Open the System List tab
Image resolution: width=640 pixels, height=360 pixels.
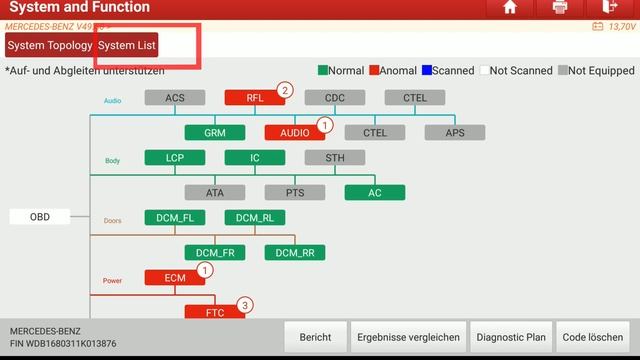pyautogui.click(x=127, y=46)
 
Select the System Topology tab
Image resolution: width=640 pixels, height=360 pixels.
pyautogui.click(x=50, y=46)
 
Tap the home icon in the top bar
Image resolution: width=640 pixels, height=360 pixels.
pyautogui.click(x=510, y=8)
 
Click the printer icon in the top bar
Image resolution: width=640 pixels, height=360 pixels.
pyautogui.click(x=560, y=8)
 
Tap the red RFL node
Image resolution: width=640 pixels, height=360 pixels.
pyautogui.click(x=255, y=98)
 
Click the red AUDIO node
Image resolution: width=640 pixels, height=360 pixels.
pyautogui.click(x=295, y=132)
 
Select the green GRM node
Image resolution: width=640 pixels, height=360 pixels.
pyautogui.click(x=215, y=132)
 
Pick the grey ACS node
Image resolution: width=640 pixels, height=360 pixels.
pyautogui.click(x=175, y=98)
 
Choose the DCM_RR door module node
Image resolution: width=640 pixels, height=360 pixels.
pyautogui.click(x=295, y=253)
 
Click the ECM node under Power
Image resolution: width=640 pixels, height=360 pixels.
pyautogui.click(x=175, y=278)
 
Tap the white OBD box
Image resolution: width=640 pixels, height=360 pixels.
pyautogui.click(x=40, y=217)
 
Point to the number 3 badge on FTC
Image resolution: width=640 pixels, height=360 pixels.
pyautogui.click(x=244, y=305)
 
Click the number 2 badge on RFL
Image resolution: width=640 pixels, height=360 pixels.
pyautogui.click(x=284, y=91)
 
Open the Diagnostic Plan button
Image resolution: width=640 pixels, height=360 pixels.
pyautogui.click(x=510, y=337)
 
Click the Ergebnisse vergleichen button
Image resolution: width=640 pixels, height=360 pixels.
pyautogui.click(x=408, y=337)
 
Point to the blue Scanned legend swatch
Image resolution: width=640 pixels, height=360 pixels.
pyautogui.click(x=426, y=71)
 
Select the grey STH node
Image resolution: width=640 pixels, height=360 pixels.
pyautogui.click(x=335, y=158)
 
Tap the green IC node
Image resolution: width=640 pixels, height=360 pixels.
pyautogui.click(x=255, y=158)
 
